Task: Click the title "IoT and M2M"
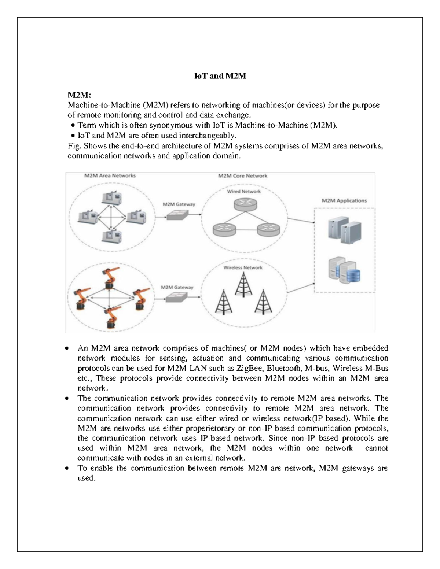point(220,76)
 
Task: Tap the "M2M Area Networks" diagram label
point(110,176)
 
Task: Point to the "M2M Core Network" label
point(242,176)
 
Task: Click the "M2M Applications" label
point(344,201)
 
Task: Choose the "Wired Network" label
point(244,191)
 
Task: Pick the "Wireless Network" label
point(243,267)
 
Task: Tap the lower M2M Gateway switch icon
point(177,298)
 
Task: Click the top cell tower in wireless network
point(243,284)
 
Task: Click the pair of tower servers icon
point(344,231)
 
